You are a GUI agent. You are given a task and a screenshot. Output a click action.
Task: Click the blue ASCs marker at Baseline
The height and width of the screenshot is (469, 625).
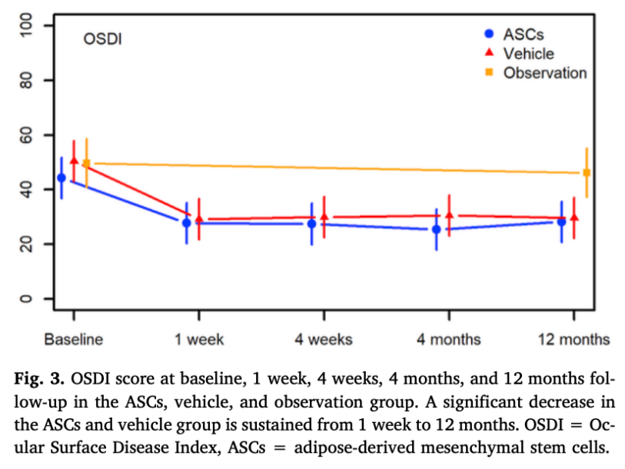click(x=62, y=178)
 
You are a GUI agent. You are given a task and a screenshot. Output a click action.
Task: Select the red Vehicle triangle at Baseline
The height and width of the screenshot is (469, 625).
click(x=74, y=161)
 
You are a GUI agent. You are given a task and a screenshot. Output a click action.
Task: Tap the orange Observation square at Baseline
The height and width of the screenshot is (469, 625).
click(x=86, y=164)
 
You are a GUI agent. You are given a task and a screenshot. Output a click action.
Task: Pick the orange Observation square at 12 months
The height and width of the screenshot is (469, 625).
click(x=587, y=173)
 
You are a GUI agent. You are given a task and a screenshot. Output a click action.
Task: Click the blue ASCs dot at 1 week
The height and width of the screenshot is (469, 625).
click(x=186, y=223)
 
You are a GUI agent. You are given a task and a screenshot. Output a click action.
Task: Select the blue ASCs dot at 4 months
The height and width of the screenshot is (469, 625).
click(x=437, y=229)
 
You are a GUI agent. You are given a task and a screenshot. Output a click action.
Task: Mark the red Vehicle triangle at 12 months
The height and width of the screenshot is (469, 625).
click(x=574, y=218)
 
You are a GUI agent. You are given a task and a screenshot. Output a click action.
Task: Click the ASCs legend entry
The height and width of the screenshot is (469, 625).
click(x=524, y=34)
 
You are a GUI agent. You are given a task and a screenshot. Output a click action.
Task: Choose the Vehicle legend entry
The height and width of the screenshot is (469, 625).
click(x=528, y=53)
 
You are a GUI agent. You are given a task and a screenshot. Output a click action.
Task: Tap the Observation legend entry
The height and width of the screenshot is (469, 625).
click(x=544, y=73)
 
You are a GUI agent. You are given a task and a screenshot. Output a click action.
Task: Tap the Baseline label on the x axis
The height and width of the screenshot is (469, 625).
click(x=73, y=339)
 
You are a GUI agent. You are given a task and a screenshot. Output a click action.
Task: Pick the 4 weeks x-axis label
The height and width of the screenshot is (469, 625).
click(x=324, y=339)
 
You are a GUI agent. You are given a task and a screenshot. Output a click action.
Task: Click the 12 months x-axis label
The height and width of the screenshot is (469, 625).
click(x=573, y=339)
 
